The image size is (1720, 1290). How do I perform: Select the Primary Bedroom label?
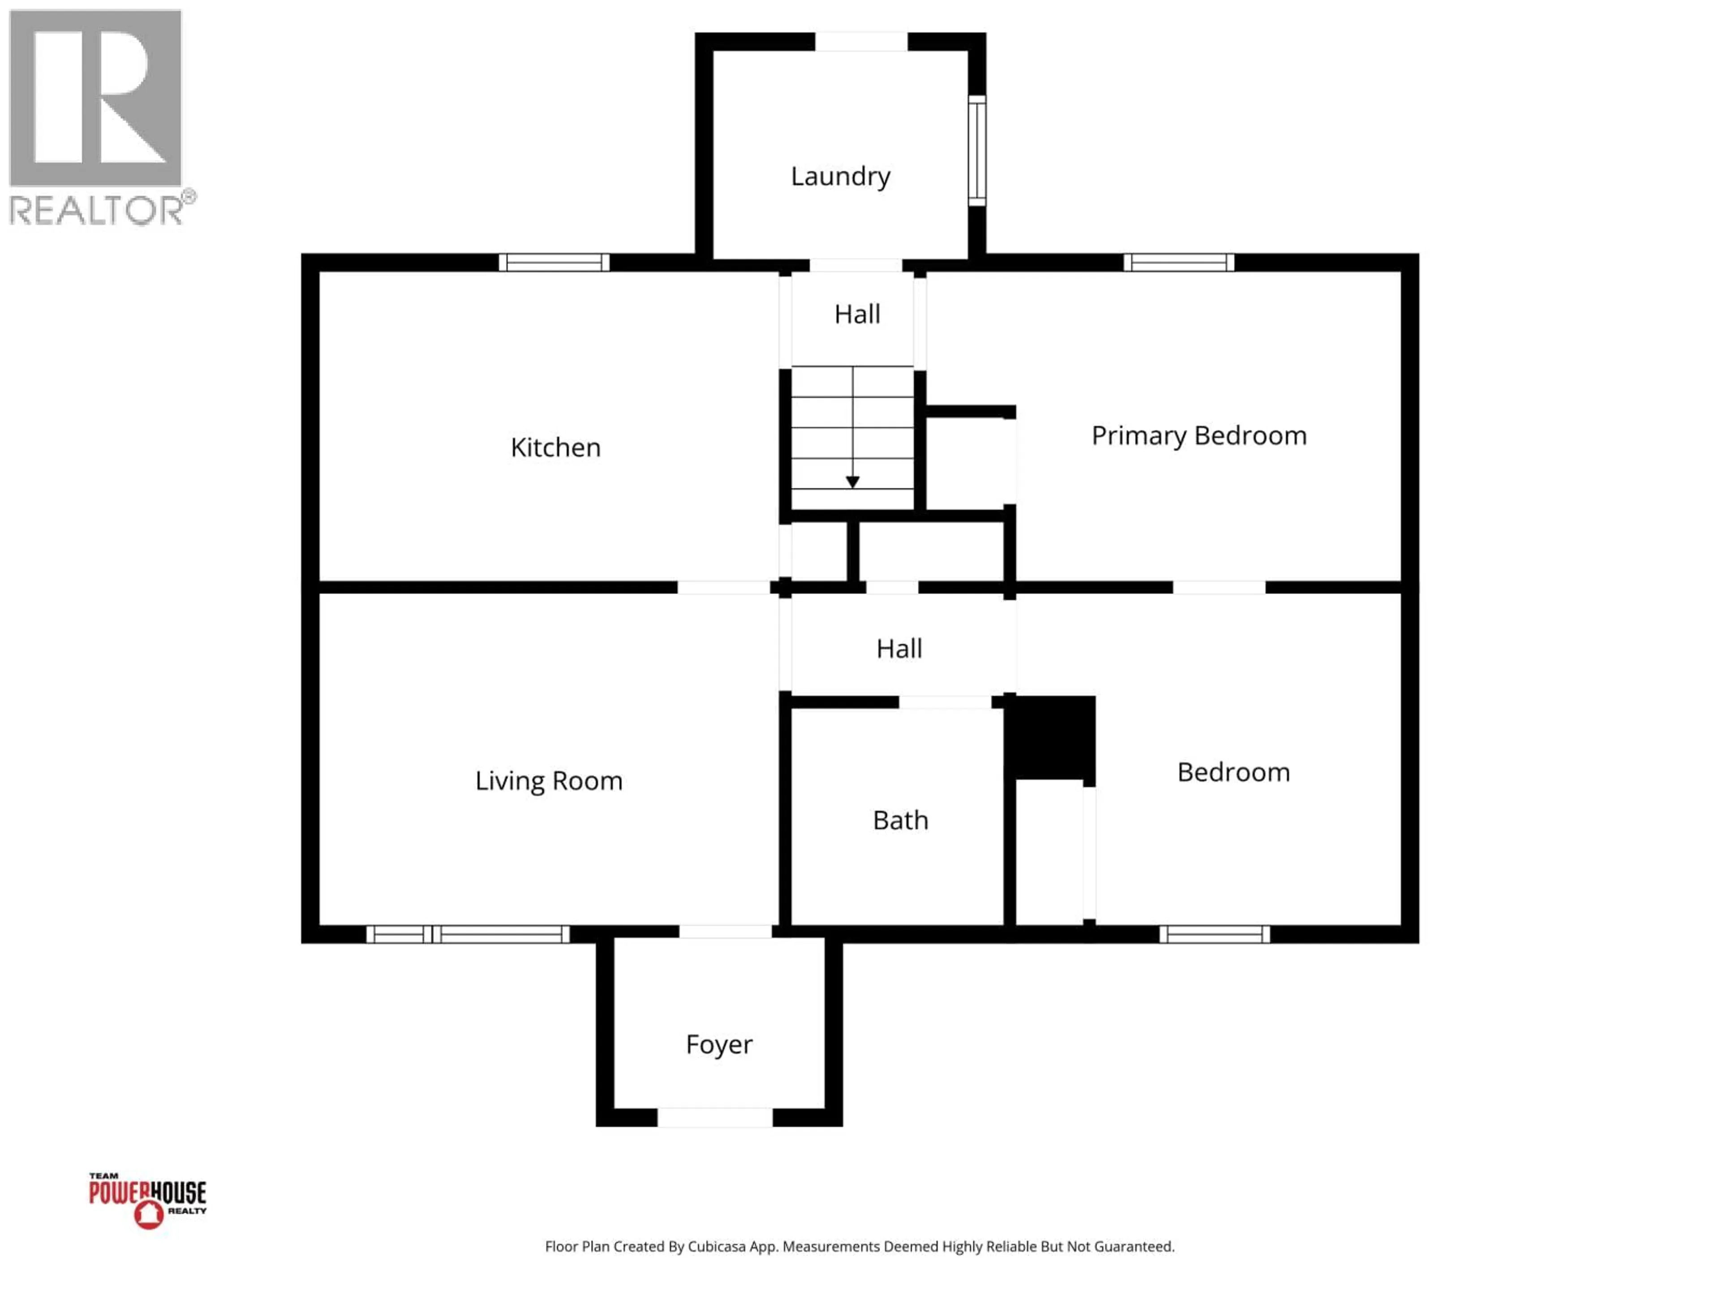1198,435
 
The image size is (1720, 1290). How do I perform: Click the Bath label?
900,820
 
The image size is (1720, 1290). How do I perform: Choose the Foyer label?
718,1044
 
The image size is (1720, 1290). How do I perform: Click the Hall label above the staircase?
857,314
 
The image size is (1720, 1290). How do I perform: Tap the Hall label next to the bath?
899,649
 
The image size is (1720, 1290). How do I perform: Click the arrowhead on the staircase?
852,482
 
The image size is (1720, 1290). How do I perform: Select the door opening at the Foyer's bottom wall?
714,1118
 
